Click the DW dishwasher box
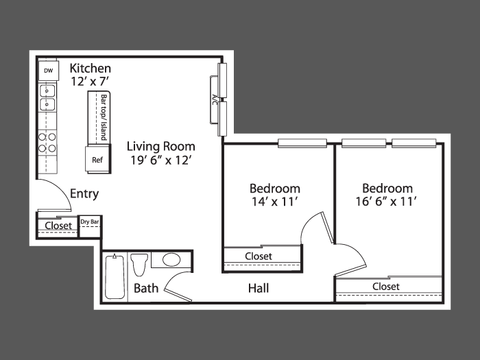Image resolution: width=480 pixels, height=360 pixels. [48, 71]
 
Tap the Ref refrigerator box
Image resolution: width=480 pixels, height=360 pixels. [97, 160]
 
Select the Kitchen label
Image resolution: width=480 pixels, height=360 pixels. [91, 69]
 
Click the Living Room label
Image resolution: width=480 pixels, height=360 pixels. [161, 146]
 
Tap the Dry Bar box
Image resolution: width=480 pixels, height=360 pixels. [89, 222]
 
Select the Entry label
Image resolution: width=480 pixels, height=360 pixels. [84, 194]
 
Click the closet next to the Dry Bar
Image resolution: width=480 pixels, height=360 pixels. [58, 226]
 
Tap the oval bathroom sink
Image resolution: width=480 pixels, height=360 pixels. [171, 261]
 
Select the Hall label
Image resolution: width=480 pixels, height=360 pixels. [258, 289]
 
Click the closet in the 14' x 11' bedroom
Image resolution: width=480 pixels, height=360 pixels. [259, 256]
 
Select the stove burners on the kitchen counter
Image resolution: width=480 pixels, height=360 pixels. [47, 142]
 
